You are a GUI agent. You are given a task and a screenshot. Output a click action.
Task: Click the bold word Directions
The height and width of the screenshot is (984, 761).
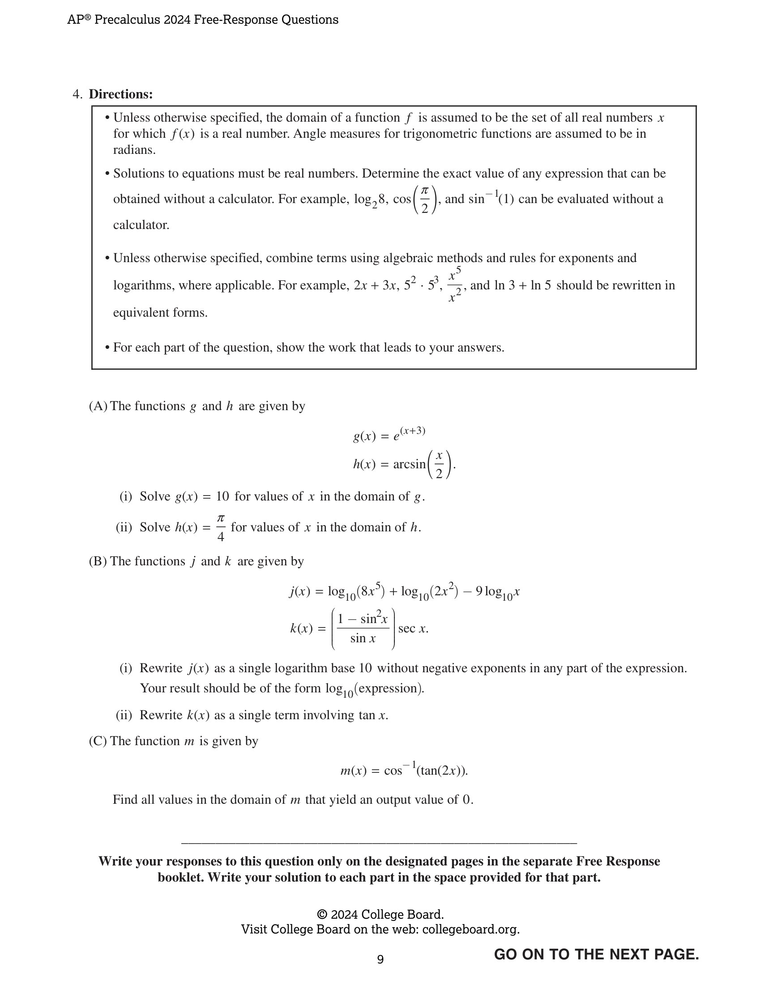coord(120,94)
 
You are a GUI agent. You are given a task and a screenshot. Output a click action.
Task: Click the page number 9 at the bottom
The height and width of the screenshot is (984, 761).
coord(380,959)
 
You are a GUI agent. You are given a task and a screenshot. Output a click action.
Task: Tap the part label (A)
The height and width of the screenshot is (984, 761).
coord(98,406)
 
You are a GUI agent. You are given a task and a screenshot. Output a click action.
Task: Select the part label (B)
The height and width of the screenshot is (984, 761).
coord(98,561)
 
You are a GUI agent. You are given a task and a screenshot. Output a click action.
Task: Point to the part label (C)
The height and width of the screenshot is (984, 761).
coord(98,741)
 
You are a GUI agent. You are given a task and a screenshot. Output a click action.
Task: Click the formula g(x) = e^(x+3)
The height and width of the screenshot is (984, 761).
coord(389,435)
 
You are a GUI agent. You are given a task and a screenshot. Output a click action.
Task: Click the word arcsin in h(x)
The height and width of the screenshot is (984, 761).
coord(409,464)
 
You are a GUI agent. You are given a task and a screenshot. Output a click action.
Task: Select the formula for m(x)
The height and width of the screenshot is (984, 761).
coord(404,770)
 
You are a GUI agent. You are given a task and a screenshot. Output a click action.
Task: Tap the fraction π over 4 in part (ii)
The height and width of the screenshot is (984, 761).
coord(220,528)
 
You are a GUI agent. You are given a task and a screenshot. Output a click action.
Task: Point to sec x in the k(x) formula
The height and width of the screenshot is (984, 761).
coord(413,628)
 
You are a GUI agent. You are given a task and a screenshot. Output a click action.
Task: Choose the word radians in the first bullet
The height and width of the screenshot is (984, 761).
coord(134,150)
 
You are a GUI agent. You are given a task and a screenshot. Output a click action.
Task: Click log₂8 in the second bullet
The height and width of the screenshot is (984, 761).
coord(369,199)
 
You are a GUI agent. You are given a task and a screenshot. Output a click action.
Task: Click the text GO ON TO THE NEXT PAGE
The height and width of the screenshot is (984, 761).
coord(596,954)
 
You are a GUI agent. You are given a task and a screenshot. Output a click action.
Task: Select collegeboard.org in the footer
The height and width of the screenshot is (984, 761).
coord(470,929)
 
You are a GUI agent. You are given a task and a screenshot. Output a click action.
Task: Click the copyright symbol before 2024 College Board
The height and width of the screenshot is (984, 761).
coord(322,914)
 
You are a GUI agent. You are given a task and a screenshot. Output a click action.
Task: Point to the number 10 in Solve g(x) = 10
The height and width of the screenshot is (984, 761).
coord(222,496)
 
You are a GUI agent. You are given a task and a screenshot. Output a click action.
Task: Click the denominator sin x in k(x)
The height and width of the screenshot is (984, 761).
coord(363,638)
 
